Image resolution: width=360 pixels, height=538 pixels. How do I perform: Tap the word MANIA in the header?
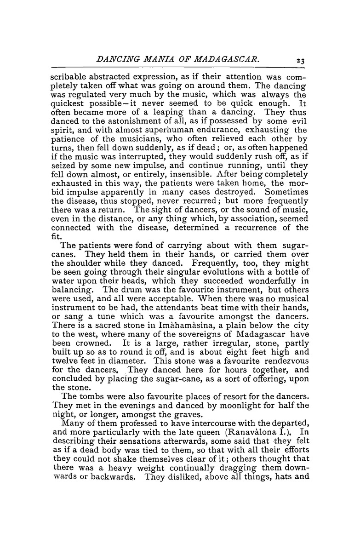tap(149, 46)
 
